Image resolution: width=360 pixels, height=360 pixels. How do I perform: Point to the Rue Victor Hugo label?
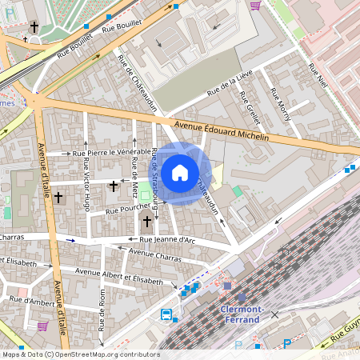pos(86,186)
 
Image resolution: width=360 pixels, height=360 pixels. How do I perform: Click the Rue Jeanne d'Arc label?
pos(168,239)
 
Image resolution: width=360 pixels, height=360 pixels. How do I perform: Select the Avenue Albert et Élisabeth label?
pos(118,277)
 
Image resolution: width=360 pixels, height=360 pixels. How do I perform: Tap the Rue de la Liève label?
pos(230,84)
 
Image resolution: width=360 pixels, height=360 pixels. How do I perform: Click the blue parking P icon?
pos(287,344)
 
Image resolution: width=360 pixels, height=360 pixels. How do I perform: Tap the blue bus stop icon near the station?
pos(166,314)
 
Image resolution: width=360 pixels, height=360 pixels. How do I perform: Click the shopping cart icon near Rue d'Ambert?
pos(42,326)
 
